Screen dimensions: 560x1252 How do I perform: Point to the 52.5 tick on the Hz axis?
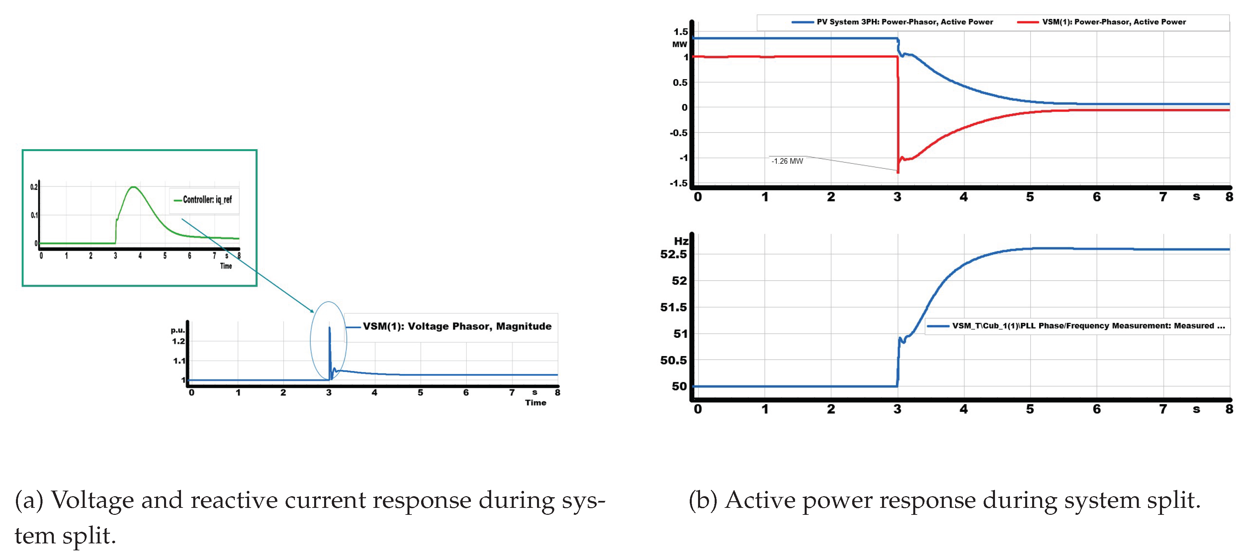(673, 254)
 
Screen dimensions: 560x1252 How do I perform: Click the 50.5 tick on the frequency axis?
(673, 360)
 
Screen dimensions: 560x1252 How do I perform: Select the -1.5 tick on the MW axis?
(678, 183)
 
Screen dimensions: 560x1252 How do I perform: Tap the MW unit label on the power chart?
(679, 44)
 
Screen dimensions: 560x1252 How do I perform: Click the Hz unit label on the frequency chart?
(681, 241)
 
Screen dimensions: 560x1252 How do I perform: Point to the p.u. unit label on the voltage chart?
(177, 330)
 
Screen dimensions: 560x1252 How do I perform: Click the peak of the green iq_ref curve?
(133, 187)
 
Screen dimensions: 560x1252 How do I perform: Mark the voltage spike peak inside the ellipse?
(329, 327)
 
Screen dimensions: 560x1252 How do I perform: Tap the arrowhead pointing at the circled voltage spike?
(312, 311)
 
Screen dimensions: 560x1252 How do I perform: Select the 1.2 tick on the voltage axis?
(178, 341)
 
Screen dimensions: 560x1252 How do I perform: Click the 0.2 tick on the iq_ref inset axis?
(34, 187)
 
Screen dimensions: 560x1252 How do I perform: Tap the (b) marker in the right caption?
(702, 501)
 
